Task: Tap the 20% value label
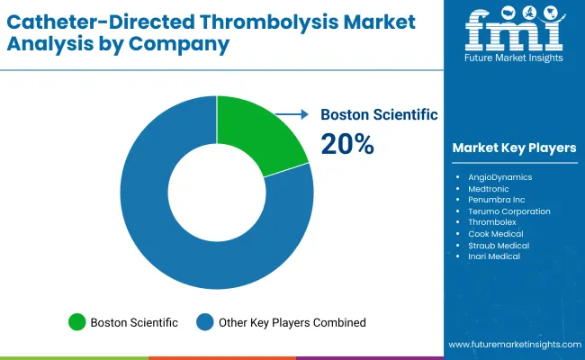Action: (347, 143)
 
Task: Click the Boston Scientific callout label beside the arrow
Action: (379, 114)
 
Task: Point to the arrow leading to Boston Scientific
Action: (292, 114)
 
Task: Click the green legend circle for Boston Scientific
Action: (76, 322)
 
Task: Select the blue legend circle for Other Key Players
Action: (206, 322)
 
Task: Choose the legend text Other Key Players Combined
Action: (292, 322)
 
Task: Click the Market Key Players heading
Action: (514, 148)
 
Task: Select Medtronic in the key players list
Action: (489, 189)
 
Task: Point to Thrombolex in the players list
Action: (492, 222)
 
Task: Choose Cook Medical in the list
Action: (496, 234)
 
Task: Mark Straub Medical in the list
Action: (499, 245)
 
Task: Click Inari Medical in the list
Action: (494, 256)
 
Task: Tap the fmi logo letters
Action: (514, 32)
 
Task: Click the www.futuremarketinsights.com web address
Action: (513, 345)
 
